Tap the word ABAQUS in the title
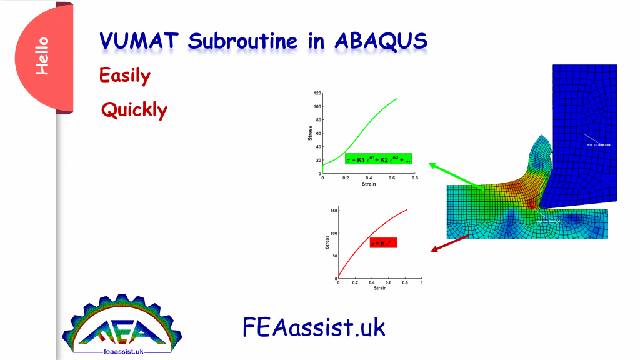pyautogui.click(x=381, y=42)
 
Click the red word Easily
pyautogui.click(x=125, y=76)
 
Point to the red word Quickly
pyautogui.click(x=134, y=111)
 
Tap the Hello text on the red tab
pyautogui.click(x=42, y=57)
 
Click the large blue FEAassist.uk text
pyautogui.click(x=314, y=327)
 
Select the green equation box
pyautogui.click(x=378, y=160)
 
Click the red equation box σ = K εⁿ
pyautogui.click(x=383, y=242)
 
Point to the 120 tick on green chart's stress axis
pyautogui.click(x=317, y=93)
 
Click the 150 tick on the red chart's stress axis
pyautogui.click(x=332, y=211)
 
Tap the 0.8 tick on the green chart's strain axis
pyautogui.click(x=414, y=178)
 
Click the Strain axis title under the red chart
pyautogui.click(x=379, y=288)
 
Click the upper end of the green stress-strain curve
pyautogui.click(x=397, y=98)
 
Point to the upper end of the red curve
pyautogui.click(x=407, y=210)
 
